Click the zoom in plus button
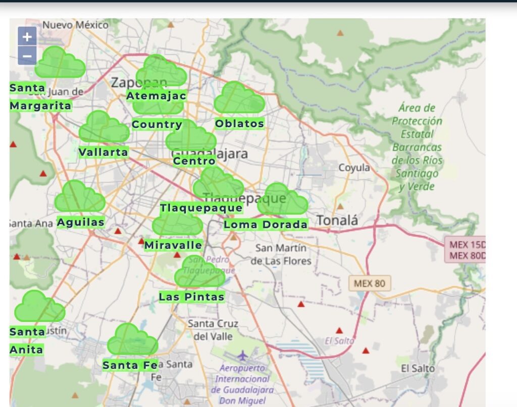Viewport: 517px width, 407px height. (x=27, y=36)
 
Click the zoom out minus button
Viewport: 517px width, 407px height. (x=27, y=56)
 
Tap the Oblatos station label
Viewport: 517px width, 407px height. (x=239, y=124)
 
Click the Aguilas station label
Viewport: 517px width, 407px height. (x=81, y=222)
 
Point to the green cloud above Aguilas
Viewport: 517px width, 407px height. (x=79, y=197)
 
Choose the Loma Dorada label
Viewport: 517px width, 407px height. (x=266, y=225)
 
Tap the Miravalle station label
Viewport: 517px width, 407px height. (x=173, y=245)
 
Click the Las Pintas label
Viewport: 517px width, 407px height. (x=191, y=297)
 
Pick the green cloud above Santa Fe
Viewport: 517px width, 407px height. (x=132, y=340)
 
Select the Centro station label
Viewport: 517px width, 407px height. (x=194, y=161)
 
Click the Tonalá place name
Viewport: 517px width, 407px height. (x=337, y=220)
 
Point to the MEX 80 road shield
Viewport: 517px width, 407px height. (x=370, y=283)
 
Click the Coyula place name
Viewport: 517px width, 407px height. (x=354, y=168)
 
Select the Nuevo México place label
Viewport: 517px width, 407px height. (x=75, y=25)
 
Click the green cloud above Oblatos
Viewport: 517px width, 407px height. (x=239, y=98)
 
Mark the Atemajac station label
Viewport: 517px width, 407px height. (x=156, y=96)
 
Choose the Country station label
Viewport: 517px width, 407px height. (x=157, y=125)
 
